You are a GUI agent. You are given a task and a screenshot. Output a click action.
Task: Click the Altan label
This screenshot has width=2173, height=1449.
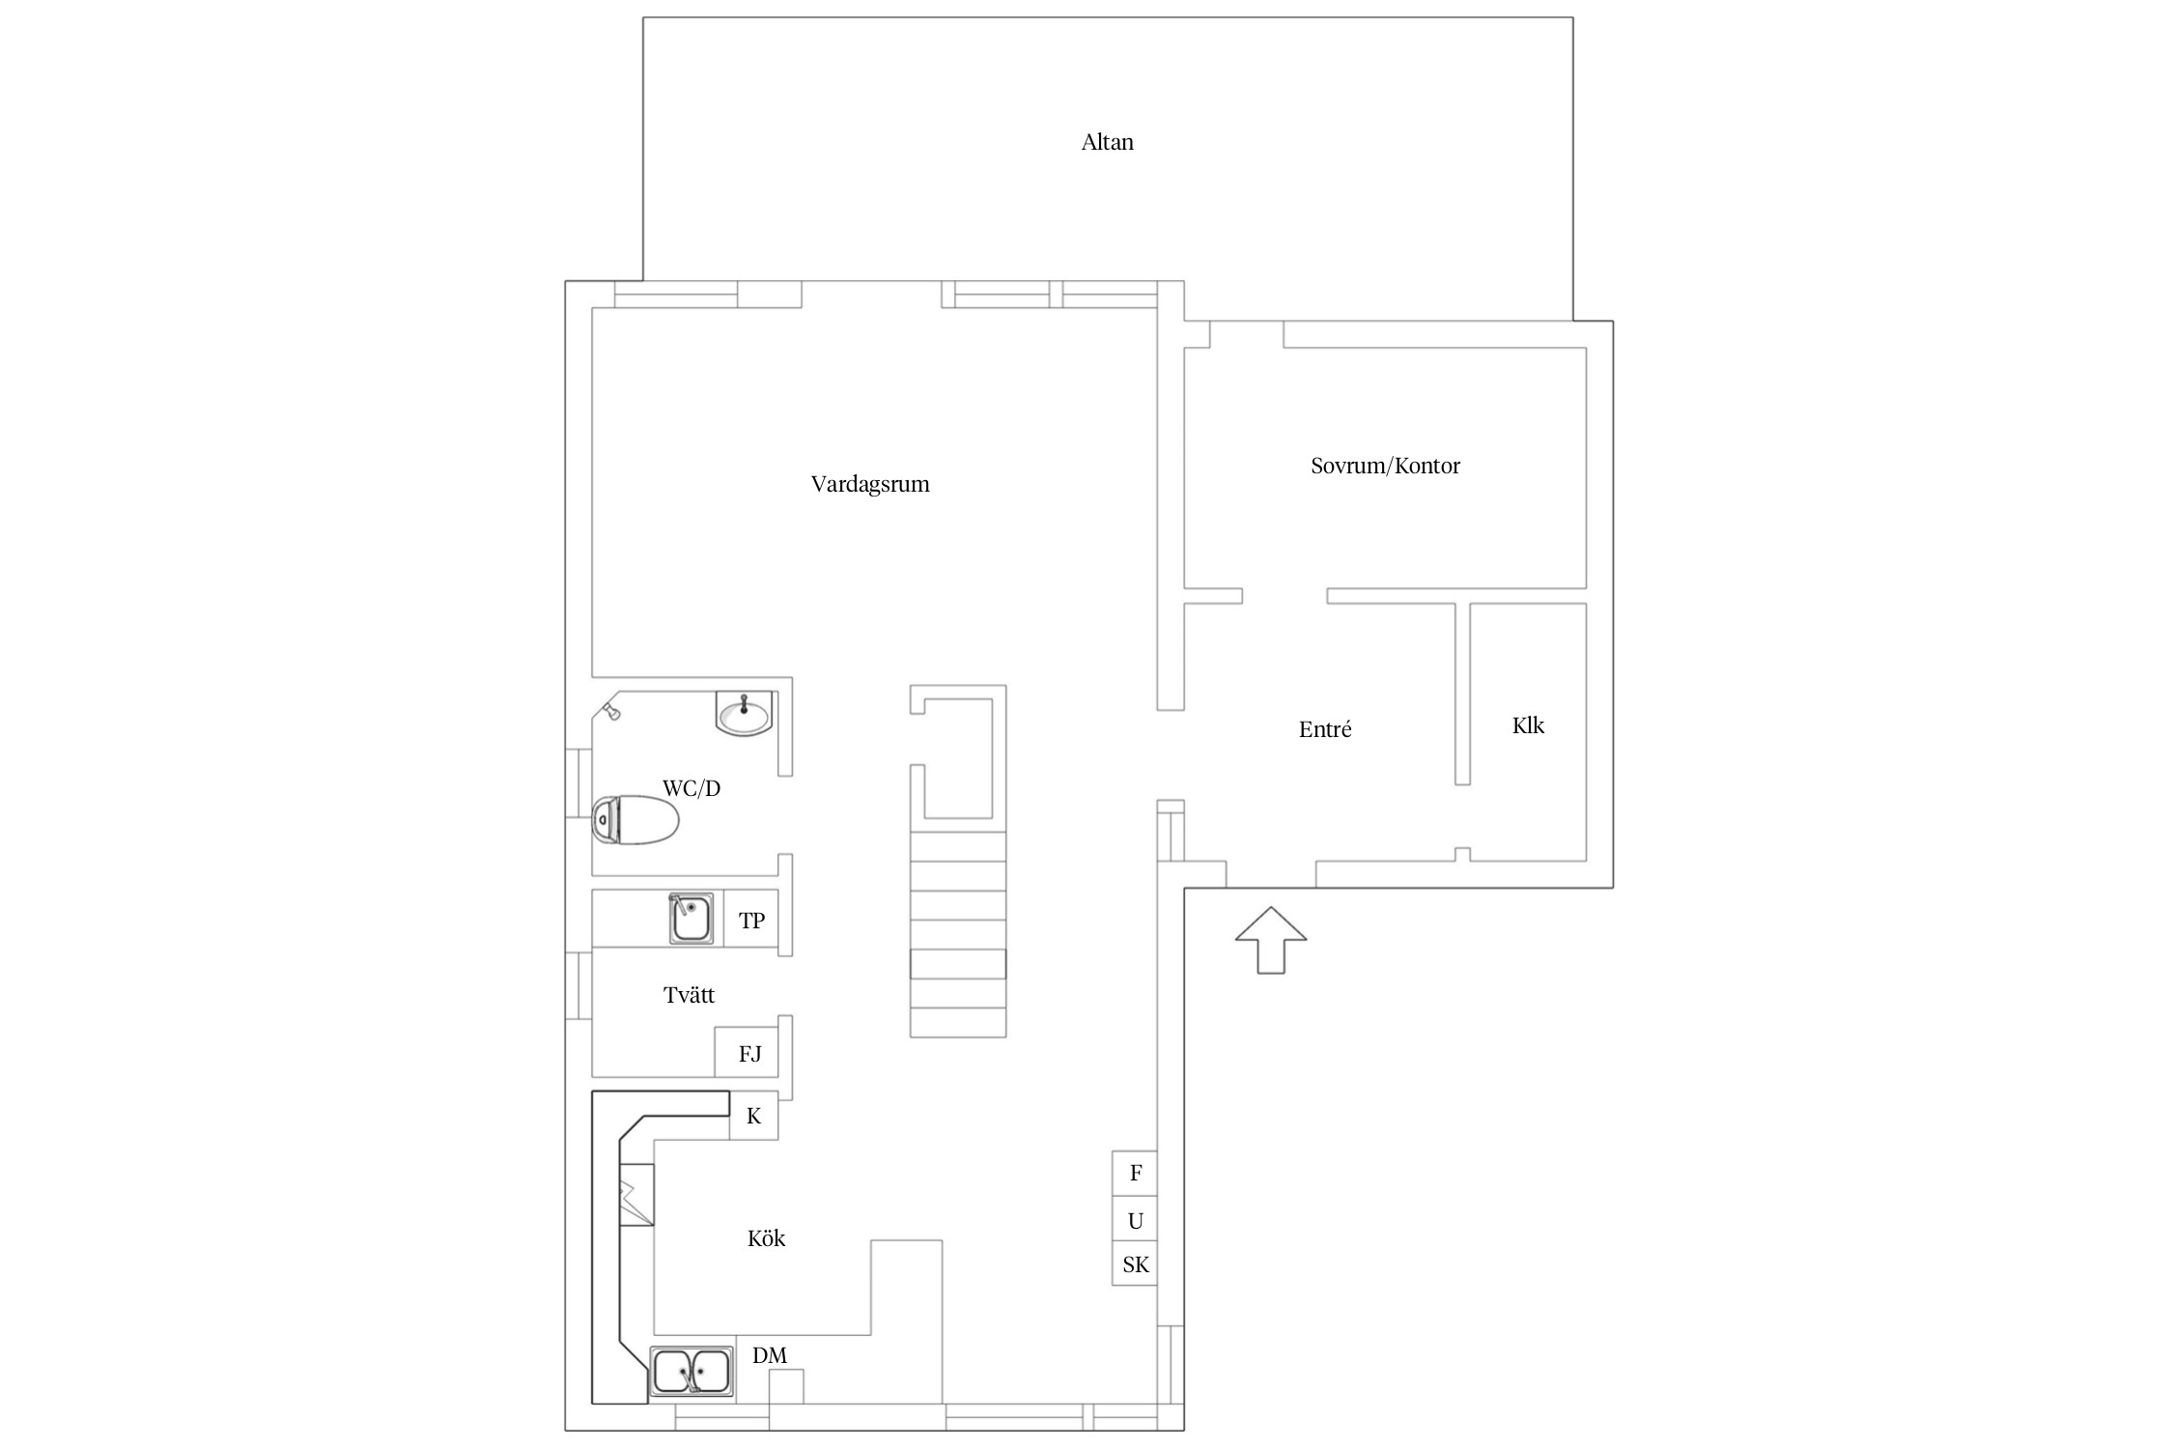pyautogui.click(x=1107, y=142)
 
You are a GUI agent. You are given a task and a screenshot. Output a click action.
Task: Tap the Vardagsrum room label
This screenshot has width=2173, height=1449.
pyautogui.click(x=870, y=484)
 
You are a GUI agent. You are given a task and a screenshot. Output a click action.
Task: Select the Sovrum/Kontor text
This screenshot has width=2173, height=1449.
pyautogui.click(x=1385, y=466)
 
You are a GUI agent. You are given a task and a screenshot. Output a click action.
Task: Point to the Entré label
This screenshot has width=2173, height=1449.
pyautogui.click(x=1325, y=729)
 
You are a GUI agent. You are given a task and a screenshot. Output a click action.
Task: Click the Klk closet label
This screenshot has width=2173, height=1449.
pyautogui.click(x=1528, y=724)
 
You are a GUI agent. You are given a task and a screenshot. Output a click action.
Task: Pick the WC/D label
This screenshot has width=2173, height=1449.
pyautogui.click(x=691, y=788)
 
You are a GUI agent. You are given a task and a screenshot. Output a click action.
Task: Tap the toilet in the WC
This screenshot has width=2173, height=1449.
pyautogui.click(x=635, y=820)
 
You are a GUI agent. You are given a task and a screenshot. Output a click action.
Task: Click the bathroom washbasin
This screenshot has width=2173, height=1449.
pyautogui.click(x=744, y=714)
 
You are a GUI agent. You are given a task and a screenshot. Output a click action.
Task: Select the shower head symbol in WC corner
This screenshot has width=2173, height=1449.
pyautogui.click(x=610, y=712)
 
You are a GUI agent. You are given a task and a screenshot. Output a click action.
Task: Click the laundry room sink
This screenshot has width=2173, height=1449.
pyautogui.click(x=691, y=919)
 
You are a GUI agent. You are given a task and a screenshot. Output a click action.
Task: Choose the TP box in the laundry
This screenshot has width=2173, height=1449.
pyautogui.click(x=751, y=919)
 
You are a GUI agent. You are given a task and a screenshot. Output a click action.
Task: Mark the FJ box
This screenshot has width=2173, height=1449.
pyautogui.click(x=750, y=1053)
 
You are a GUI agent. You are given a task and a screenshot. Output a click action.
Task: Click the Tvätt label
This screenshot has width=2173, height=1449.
pyautogui.click(x=689, y=995)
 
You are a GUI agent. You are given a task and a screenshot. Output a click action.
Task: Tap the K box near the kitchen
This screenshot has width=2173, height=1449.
pyautogui.click(x=753, y=1116)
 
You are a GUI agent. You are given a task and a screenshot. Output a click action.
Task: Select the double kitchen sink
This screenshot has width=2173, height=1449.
pyautogui.click(x=691, y=1373)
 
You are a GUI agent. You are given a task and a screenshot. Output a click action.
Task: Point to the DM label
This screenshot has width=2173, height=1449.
pyautogui.click(x=770, y=1355)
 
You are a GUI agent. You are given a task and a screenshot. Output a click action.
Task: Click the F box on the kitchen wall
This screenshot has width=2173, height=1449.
pyautogui.click(x=1135, y=1174)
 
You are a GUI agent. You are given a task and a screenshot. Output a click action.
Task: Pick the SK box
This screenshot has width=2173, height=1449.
pyautogui.click(x=1135, y=1264)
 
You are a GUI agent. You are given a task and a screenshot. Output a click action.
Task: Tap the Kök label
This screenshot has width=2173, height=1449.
pyautogui.click(x=766, y=1238)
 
